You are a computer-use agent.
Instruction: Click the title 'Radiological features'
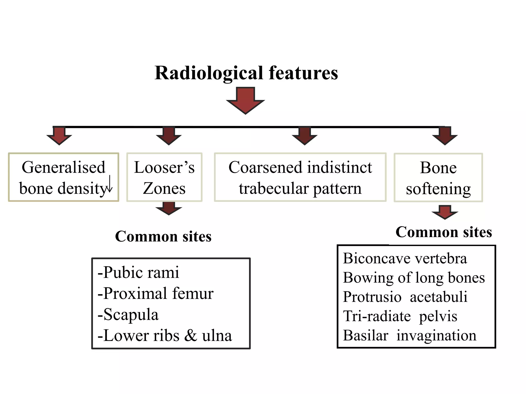[246, 73]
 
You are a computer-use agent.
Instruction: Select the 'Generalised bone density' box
[63, 177]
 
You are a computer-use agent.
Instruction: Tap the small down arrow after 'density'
[110, 184]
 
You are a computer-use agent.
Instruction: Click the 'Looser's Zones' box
[164, 177]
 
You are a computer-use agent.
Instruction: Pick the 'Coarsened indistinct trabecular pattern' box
[300, 177]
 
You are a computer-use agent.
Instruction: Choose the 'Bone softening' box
[438, 178]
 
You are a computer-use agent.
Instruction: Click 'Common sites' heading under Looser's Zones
[163, 236]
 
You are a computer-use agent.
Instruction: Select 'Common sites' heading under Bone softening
[444, 232]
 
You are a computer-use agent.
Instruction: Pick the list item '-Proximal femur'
[155, 293]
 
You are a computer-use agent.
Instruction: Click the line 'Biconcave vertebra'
[405, 258]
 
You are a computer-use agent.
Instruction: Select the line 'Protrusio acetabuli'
[405, 297]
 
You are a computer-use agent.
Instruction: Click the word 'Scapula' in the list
[131, 314]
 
